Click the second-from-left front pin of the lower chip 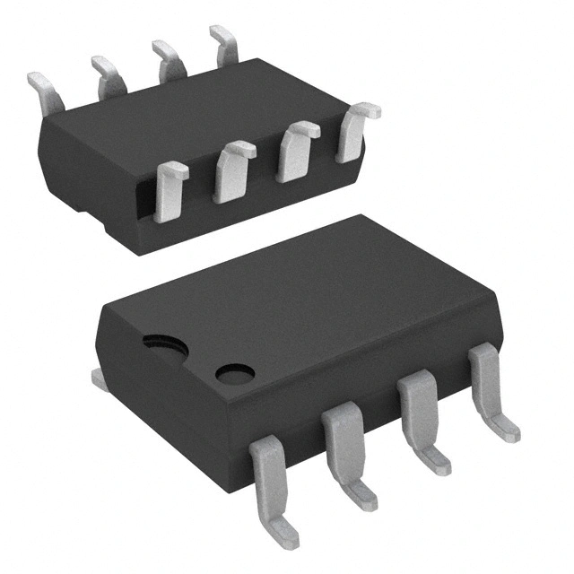340,439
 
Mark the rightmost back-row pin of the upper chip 224,42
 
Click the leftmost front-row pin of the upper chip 170,189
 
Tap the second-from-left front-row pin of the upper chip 232,170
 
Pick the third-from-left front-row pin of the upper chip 295,150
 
